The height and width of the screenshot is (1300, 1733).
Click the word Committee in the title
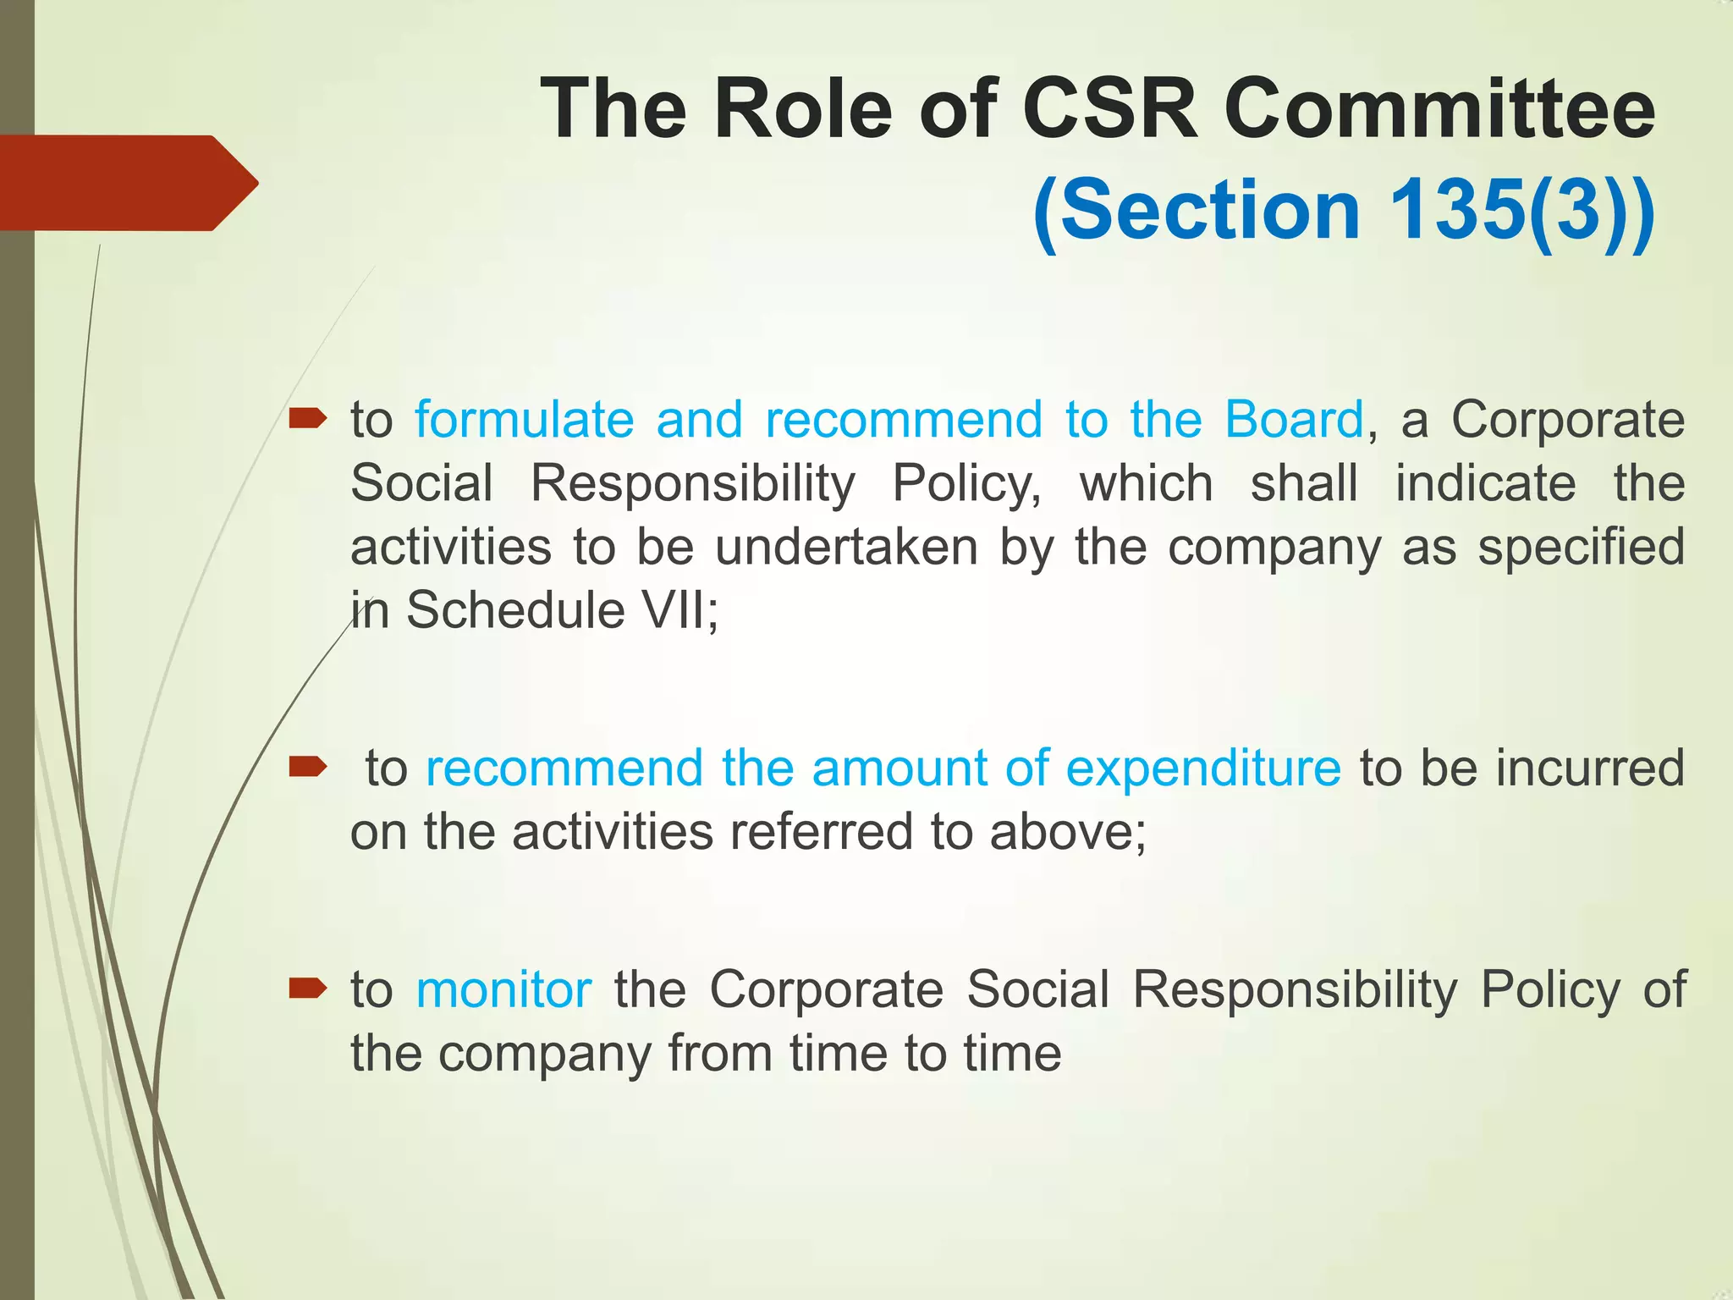tap(1439, 110)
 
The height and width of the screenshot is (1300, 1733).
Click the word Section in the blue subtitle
tap(1209, 210)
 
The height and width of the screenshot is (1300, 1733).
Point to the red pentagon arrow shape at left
tap(127, 183)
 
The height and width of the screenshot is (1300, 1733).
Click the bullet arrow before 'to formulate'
tap(307, 418)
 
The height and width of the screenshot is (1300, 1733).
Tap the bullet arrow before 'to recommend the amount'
tap(307, 767)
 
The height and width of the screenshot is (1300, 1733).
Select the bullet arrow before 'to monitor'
tap(307, 988)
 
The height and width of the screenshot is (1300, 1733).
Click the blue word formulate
tap(524, 420)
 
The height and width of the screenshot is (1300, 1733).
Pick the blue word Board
tap(1294, 420)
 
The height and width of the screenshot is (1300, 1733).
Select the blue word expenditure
tap(1202, 768)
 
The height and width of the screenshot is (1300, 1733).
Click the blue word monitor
tap(503, 989)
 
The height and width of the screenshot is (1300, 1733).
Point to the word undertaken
tap(846, 548)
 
